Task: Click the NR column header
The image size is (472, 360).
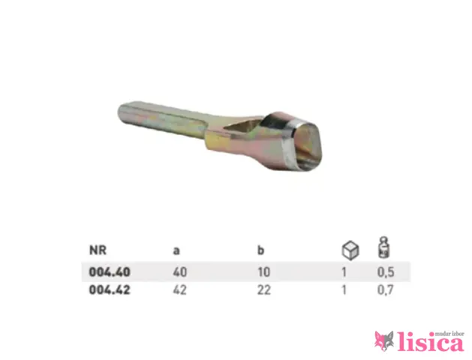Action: pos(98,250)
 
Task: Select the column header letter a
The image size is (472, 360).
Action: pos(176,251)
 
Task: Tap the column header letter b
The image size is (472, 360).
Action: pos(260,250)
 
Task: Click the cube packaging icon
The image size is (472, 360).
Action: pos(350,250)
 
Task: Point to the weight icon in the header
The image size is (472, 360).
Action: pos(383,247)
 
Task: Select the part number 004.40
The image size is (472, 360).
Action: pos(110,272)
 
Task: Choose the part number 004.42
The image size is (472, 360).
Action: pos(110,290)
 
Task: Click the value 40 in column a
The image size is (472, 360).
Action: pos(180,272)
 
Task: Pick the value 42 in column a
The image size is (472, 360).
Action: pos(179,290)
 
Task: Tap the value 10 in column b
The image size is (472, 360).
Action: pos(264,272)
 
